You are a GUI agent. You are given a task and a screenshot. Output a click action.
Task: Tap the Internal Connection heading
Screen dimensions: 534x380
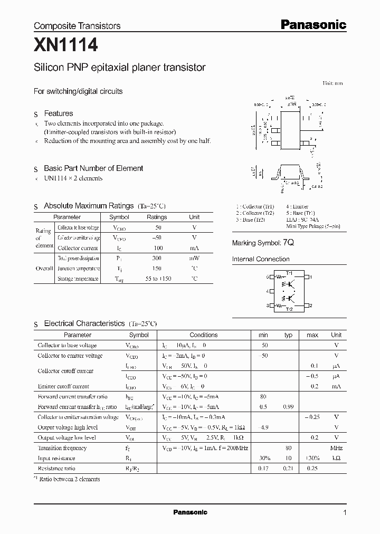coord(261,259)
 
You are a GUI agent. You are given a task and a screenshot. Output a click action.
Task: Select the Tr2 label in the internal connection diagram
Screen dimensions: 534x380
coord(289,310)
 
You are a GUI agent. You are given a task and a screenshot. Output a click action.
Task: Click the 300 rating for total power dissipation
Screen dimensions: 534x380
coord(156,259)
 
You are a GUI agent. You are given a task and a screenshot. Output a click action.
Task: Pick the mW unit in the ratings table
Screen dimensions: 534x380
coord(194,259)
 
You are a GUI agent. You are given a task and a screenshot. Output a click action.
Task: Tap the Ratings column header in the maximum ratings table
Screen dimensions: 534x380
coord(156,217)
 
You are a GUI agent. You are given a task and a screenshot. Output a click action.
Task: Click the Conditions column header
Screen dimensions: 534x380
coord(203,335)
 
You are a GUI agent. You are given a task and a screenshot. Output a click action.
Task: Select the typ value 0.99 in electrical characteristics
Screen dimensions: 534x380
coord(288,407)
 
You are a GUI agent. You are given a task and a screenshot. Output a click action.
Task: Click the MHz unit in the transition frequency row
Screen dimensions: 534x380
coord(336,448)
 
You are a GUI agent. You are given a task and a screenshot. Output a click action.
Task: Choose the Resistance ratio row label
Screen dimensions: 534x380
coord(56,469)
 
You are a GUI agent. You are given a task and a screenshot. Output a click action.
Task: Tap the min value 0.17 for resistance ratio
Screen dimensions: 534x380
coord(263,469)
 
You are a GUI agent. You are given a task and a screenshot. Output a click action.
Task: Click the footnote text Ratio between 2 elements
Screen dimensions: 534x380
coord(69,479)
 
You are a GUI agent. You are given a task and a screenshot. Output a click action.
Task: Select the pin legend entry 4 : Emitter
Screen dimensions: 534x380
coord(298,207)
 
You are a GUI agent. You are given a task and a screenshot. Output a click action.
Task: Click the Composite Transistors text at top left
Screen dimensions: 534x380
coord(77,25)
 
